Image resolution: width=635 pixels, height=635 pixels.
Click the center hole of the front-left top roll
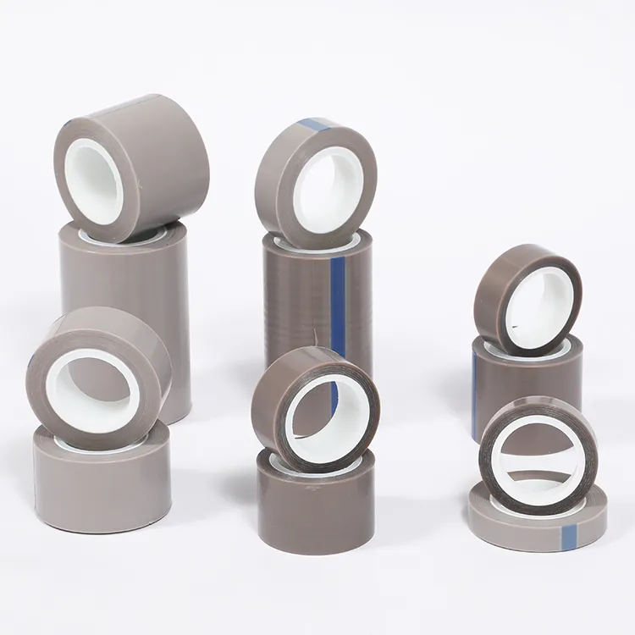tap(93, 390)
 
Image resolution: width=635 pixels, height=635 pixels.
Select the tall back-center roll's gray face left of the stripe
tap(296, 305)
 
